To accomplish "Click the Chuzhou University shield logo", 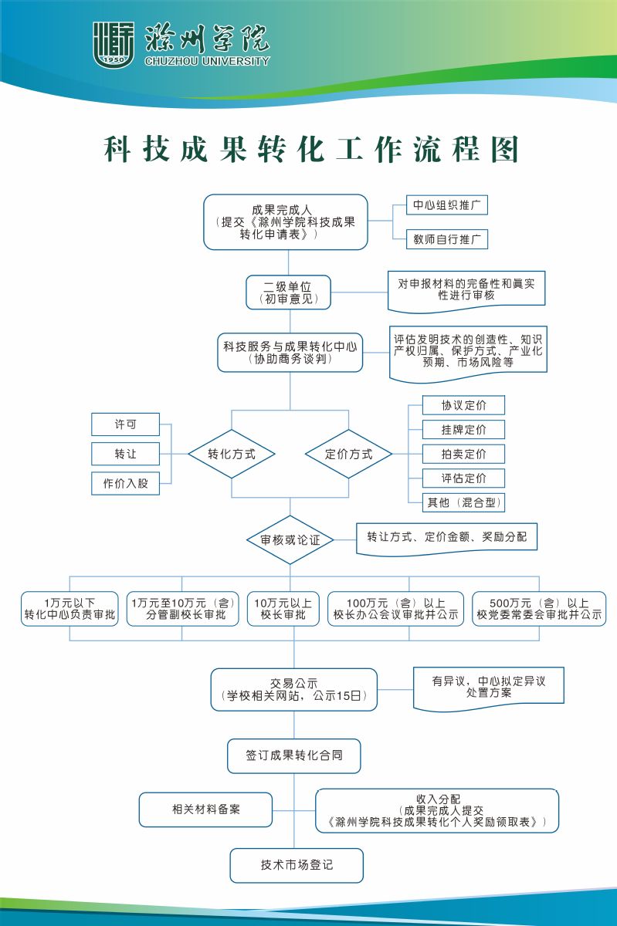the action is click(113, 44).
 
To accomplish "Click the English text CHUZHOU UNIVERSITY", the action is click(207, 61).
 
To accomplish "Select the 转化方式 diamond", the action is click(232, 454).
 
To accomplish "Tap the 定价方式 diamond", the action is click(348, 454).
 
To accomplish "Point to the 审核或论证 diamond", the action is click(290, 540).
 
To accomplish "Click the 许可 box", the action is click(125, 424).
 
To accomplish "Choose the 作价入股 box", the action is click(125, 483).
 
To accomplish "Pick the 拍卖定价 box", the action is click(463, 454).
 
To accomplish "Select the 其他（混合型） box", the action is click(463, 502).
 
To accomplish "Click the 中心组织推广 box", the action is click(447, 205).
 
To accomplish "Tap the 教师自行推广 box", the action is click(447, 239).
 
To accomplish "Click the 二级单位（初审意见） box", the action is click(289, 292).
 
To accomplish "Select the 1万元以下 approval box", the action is click(69, 609).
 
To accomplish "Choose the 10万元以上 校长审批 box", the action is click(283, 609).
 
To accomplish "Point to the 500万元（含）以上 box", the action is click(539, 609).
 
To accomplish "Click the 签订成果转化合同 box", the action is click(293, 755).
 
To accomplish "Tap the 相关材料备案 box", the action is click(205, 809).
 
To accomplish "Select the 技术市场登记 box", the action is click(297, 865).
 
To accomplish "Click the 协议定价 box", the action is click(463, 405).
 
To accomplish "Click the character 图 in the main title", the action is click(505, 149).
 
